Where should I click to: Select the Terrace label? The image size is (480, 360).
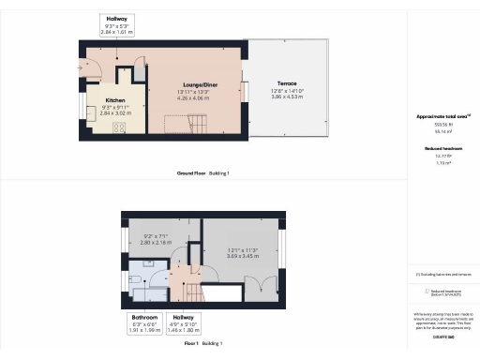pyautogui.click(x=287, y=83)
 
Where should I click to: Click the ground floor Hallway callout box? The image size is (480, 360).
pyautogui.click(x=118, y=24)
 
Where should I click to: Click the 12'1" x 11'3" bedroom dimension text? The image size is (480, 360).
pyautogui.click(x=244, y=252)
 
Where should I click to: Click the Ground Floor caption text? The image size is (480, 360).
pyautogui.click(x=202, y=173)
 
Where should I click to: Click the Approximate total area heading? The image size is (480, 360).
pyautogui.click(x=443, y=116)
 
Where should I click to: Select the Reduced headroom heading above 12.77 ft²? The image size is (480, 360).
pyautogui.click(x=443, y=147)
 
